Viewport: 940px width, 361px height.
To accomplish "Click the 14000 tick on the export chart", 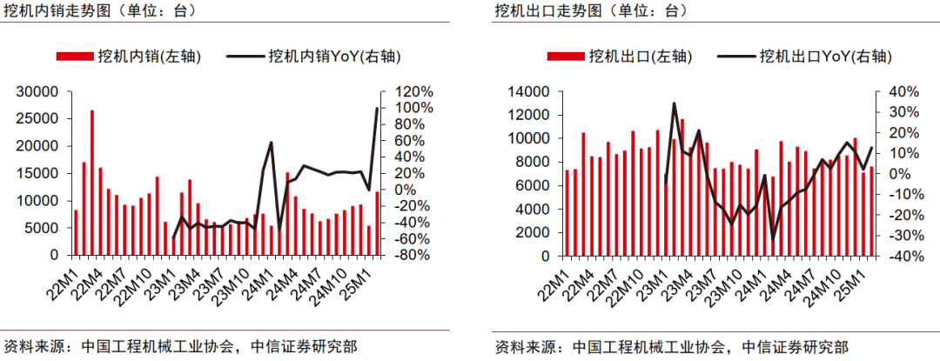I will pyautogui.click(x=528, y=92).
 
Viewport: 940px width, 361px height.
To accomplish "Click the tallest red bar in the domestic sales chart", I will pyautogui.click(x=92, y=183).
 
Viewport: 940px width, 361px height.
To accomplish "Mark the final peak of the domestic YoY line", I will pyautogui.click(x=377, y=108).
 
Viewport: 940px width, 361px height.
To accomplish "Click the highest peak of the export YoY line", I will pyautogui.click(x=675, y=104).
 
